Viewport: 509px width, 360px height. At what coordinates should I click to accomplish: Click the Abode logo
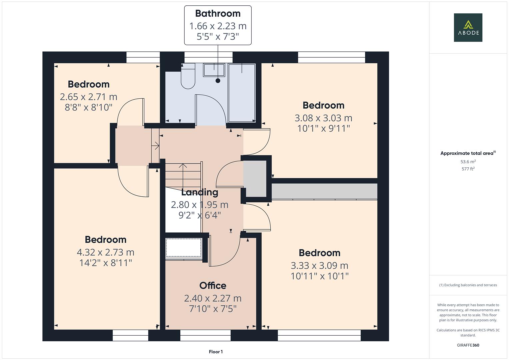pyautogui.click(x=468, y=28)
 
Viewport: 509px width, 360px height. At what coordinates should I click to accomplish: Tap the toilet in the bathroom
pyautogui.click(x=188, y=78)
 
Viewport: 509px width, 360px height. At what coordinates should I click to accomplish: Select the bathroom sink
pyautogui.click(x=214, y=70)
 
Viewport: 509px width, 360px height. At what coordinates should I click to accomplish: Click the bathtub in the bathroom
pyautogui.click(x=242, y=92)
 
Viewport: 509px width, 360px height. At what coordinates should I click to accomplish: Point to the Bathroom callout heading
pyautogui.click(x=218, y=13)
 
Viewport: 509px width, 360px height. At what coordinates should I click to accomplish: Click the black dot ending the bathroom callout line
pyautogui.click(x=218, y=81)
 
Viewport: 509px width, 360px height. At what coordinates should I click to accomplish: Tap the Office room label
pyautogui.click(x=213, y=286)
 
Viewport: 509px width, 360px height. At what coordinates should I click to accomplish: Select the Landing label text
pyautogui.click(x=200, y=192)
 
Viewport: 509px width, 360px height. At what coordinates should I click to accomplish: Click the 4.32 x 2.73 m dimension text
pyautogui.click(x=105, y=252)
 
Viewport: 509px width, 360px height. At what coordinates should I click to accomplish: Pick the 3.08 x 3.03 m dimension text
pyautogui.click(x=323, y=118)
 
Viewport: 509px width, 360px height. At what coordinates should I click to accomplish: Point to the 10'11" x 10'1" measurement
pyautogui.click(x=319, y=276)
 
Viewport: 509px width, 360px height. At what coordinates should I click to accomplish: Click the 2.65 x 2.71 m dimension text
pyautogui.click(x=88, y=97)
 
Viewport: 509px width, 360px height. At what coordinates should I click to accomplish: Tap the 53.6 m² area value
pyautogui.click(x=468, y=162)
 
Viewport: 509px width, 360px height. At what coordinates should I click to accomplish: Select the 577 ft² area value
pyautogui.click(x=468, y=169)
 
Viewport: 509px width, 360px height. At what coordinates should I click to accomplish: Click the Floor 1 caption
pyautogui.click(x=216, y=352)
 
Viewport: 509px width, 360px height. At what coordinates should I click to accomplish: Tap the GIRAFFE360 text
pyautogui.click(x=468, y=345)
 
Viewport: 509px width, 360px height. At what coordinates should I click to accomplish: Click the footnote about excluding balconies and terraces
pyautogui.click(x=468, y=285)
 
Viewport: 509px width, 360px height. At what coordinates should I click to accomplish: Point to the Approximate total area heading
pyautogui.click(x=467, y=153)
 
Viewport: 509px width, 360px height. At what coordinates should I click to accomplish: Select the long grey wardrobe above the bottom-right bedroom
pyautogui.click(x=324, y=191)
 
